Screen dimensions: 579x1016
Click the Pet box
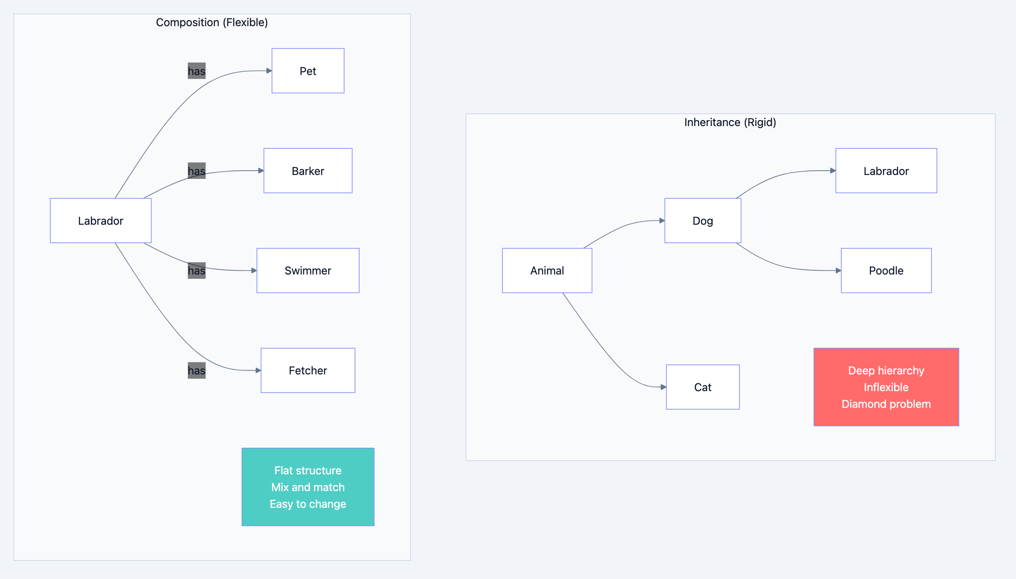[x=308, y=71]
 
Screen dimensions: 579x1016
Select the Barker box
[x=308, y=171]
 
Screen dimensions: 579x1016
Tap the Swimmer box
[x=308, y=271]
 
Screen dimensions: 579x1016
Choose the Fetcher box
[x=308, y=371]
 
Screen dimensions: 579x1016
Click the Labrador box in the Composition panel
[x=100, y=220]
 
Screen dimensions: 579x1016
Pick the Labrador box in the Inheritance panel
[x=886, y=171]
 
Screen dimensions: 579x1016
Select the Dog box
[x=702, y=220]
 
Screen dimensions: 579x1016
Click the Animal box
[x=547, y=271]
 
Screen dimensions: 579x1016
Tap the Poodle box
[x=886, y=271]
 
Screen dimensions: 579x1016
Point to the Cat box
[x=702, y=387]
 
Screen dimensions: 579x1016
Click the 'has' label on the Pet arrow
[x=197, y=71]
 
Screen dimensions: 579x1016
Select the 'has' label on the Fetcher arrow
[x=197, y=371]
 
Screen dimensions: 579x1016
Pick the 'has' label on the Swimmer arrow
[x=197, y=271]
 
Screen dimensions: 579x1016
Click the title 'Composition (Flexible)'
[x=212, y=22]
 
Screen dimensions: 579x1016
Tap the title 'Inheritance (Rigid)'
[x=730, y=122]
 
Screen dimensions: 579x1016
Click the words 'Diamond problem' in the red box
[x=886, y=404]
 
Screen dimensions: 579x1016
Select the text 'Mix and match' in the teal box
[x=308, y=487]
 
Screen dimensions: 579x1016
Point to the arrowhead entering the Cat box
[x=663, y=387]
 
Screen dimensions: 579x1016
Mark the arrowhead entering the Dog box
[x=662, y=220]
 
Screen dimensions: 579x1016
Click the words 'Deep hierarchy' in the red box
[x=886, y=371]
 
